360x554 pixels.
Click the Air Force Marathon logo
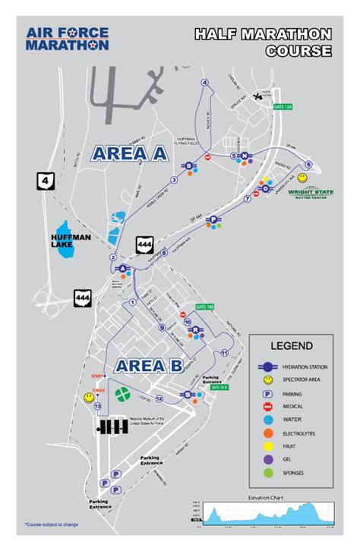coord(67,39)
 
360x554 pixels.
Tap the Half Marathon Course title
coord(262,42)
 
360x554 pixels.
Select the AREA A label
coord(129,153)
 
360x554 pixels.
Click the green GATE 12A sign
coord(283,107)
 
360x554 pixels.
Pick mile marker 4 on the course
coord(204,83)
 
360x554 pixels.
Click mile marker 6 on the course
coord(308,165)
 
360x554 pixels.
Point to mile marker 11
coord(225,354)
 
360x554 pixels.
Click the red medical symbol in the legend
coord(267,406)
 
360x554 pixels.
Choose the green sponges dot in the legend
coord(267,474)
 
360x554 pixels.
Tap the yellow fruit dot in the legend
coord(267,446)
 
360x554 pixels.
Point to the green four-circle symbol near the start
coord(122,394)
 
